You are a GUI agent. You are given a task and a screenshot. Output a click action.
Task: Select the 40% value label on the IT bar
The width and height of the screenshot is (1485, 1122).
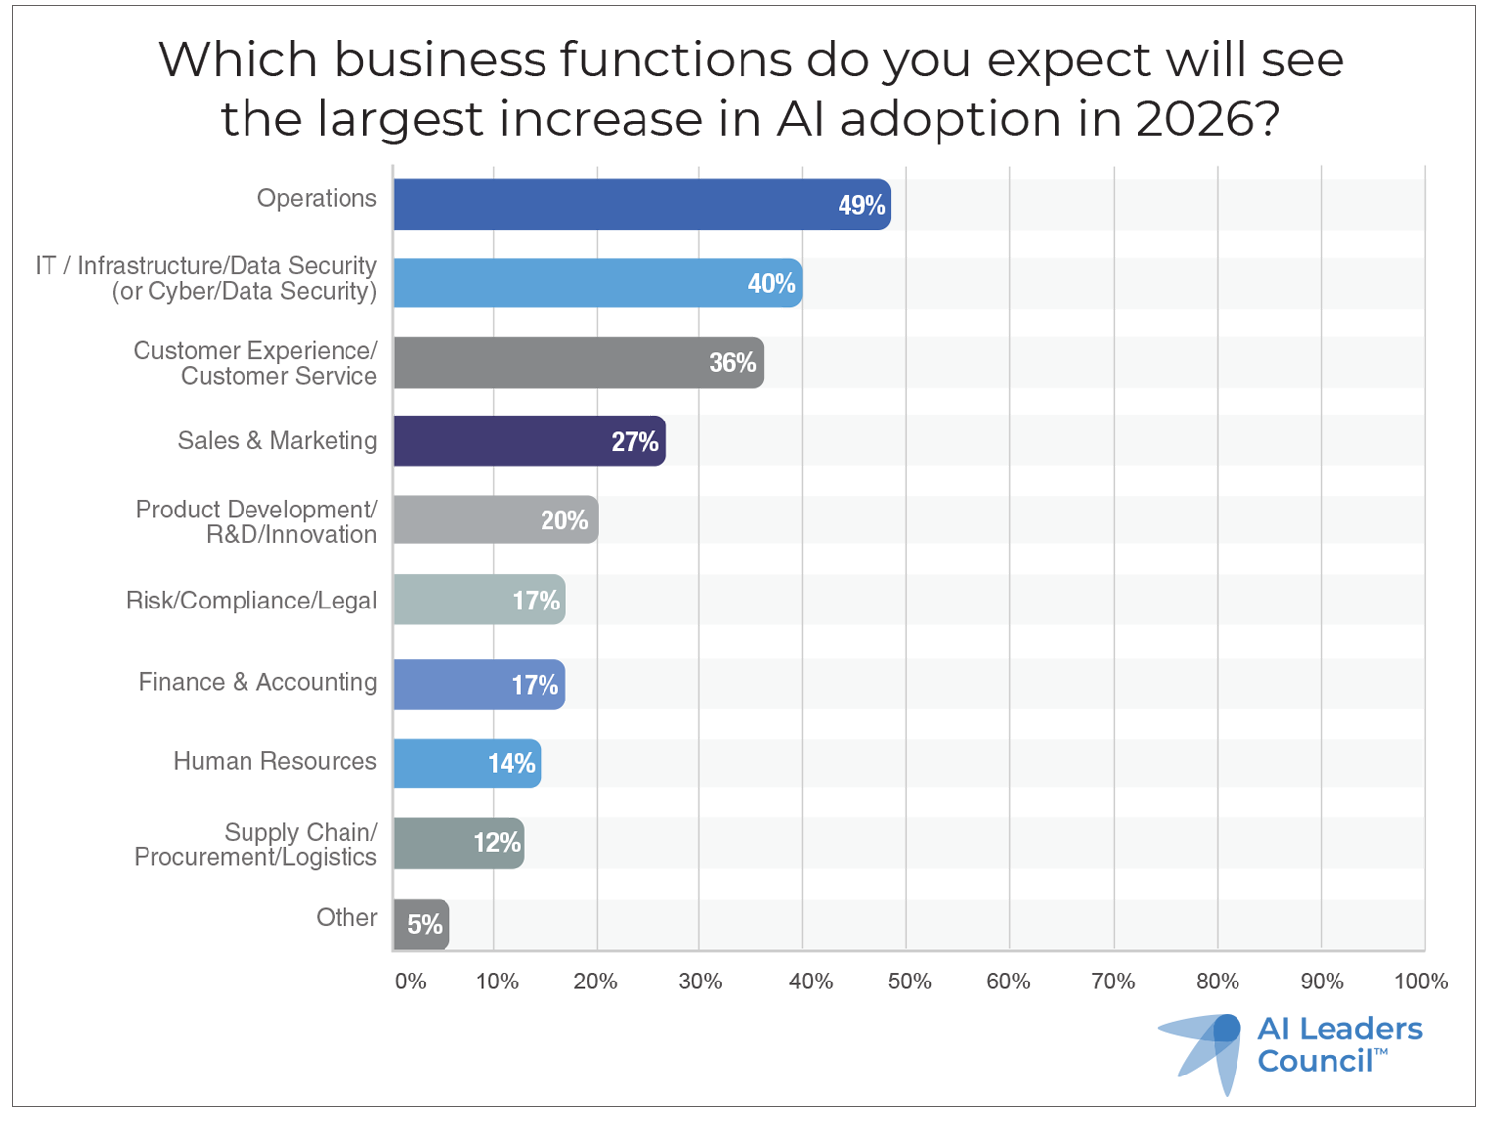tap(771, 284)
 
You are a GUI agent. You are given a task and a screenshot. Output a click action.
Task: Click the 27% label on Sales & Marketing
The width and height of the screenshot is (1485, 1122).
tap(635, 442)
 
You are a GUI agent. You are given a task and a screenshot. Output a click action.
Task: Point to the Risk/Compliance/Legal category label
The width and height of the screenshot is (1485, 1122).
tap(251, 601)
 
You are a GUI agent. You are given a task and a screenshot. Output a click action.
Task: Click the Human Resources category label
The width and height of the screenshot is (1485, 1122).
tap(275, 761)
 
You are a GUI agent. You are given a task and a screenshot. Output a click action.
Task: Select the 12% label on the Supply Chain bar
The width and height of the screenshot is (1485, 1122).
tap(496, 843)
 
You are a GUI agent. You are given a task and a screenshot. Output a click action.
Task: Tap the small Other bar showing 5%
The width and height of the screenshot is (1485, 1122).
tap(421, 924)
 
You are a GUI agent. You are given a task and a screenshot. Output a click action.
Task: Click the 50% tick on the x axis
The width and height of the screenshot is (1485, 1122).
tap(909, 982)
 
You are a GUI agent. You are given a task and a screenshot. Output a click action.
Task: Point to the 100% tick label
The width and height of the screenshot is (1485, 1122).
tap(1421, 982)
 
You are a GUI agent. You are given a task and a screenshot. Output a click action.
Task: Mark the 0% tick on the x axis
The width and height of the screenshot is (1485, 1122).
tap(410, 982)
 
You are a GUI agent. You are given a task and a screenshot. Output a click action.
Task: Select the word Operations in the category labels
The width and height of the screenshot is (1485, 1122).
tap(317, 198)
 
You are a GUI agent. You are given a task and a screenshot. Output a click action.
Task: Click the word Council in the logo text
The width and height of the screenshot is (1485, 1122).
tap(1316, 1062)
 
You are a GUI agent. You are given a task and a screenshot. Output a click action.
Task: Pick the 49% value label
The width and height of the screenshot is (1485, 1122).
tap(861, 205)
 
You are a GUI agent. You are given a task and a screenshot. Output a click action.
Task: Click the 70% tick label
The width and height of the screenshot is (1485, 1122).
tap(1113, 982)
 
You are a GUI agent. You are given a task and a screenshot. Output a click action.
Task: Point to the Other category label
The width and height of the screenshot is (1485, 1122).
tap(346, 918)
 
